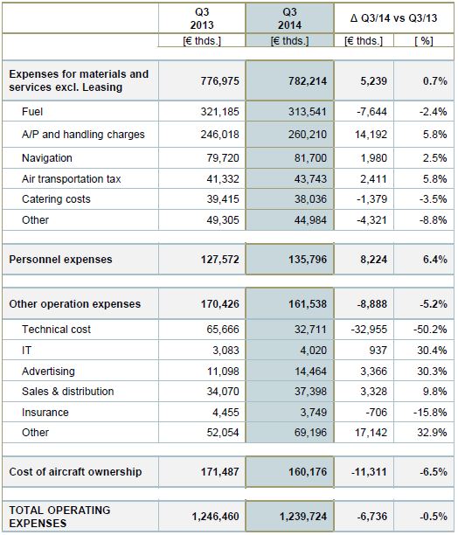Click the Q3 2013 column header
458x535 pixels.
click(x=202, y=18)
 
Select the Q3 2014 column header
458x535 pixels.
click(x=289, y=18)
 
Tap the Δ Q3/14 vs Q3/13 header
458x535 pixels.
click(x=393, y=18)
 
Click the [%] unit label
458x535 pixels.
click(x=424, y=41)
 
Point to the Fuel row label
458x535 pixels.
click(x=32, y=112)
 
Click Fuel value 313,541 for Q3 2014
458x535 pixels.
click(x=308, y=112)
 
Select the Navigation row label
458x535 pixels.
click(x=47, y=158)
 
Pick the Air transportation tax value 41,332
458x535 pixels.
click(x=223, y=179)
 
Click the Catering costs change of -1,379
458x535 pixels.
click(x=371, y=199)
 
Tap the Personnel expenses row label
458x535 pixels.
click(x=60, y=260)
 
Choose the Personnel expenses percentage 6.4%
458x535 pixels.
click(x=434, y=260)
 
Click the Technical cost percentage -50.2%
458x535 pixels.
click(x=430, y=330)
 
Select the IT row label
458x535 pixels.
click(x=26, y=350)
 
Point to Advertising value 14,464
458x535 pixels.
click(x=310, y=371)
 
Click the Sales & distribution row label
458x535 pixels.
click(x=68, y=392)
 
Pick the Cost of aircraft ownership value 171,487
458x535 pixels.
click(x=220, y=472)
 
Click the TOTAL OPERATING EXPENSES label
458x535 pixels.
click(x=59, y=517)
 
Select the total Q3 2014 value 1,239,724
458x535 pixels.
click(x=303, y=517)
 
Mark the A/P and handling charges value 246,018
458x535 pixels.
click(x=220, y=135)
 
